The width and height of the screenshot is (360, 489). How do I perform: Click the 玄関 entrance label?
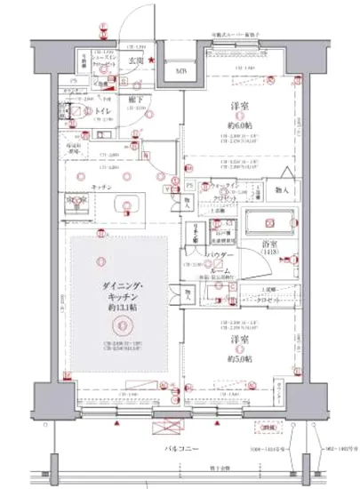tap(135, 60)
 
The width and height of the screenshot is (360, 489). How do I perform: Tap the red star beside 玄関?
tap(152, 60)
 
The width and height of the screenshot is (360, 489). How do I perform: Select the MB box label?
tap(180, 72)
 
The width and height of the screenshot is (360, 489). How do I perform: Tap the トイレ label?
tap(105, 112)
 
